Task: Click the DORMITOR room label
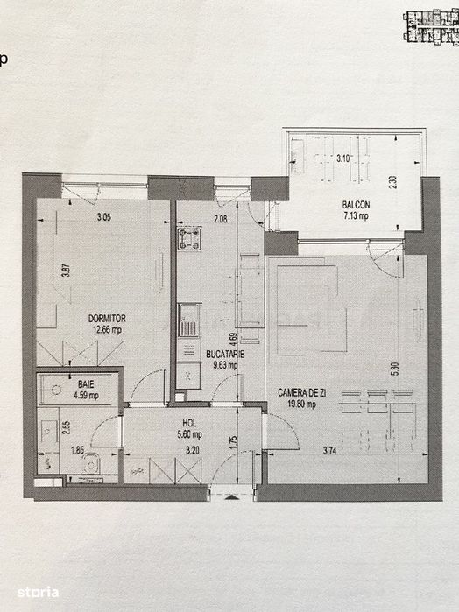[x=108, y=319]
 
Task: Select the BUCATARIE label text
[x=226, y=354]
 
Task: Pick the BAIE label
[x=86, y=383]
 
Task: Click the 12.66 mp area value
[x=108, y=330]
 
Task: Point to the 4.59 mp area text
[x=86, y=395]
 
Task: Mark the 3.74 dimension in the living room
[x=330, y=452]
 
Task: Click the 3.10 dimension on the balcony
[x=346, y=158]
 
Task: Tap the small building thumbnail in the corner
[x=430, y=24]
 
